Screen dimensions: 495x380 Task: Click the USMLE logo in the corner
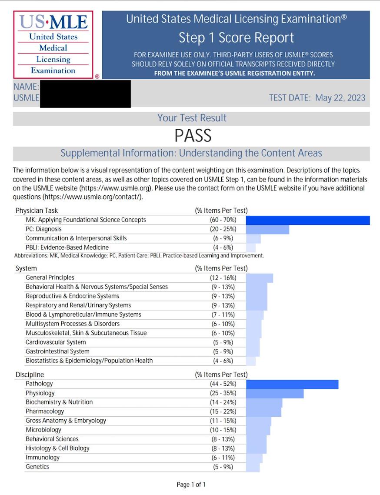(x=53, y=45)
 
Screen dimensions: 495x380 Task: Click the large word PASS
(x=193, y=136)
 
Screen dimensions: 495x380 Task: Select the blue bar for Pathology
(x=292, y=384)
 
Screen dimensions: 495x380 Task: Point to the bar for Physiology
(x=274, y=393)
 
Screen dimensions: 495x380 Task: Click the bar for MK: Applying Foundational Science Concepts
(x=307, y=220)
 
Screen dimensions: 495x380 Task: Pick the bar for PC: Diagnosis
(x=267, y=229)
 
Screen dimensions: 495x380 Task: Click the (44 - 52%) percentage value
(x=222, y=384)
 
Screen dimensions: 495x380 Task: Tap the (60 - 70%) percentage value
(x=222, y=220)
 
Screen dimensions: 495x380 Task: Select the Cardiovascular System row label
(x=56, y=342)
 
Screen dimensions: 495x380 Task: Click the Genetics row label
(x=37, y=467)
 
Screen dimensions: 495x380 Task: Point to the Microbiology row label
(x=43, y=430)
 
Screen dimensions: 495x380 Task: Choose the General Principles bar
(x=259, y=278)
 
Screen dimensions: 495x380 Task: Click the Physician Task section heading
(x=37, y=211)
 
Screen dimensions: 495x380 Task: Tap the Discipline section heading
(x=30, y=375)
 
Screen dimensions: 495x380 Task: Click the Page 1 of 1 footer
(x=191, y=485)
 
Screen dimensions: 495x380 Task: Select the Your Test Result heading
(x=192, y=118)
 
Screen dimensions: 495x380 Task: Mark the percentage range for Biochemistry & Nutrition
(x=222, y=402)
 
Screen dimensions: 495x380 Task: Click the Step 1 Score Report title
(x=236, y=38)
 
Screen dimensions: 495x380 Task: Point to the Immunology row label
(x=43, y=458)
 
